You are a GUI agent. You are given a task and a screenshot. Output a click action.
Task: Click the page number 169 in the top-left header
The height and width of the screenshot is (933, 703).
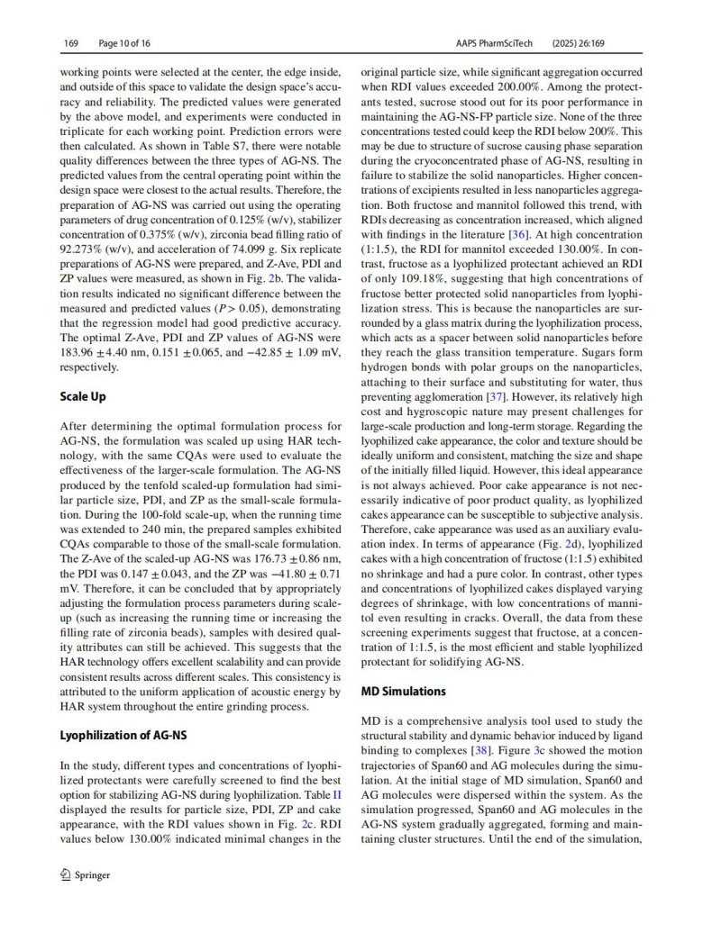pyautogui.click(x=71, y=42)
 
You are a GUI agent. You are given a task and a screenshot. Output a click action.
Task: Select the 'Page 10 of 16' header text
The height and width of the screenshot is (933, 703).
pyautogui.click(x=123, y=42)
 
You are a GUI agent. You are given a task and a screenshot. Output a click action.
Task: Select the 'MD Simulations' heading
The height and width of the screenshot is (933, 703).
pyautogui.click(x=403, y=692)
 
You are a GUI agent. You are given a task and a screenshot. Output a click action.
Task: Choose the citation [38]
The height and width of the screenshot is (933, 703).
pyautogui.click(x=483, y=750)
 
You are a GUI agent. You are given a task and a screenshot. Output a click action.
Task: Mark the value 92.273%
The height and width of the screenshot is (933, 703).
pyautogui.click(x=84, y=249)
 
